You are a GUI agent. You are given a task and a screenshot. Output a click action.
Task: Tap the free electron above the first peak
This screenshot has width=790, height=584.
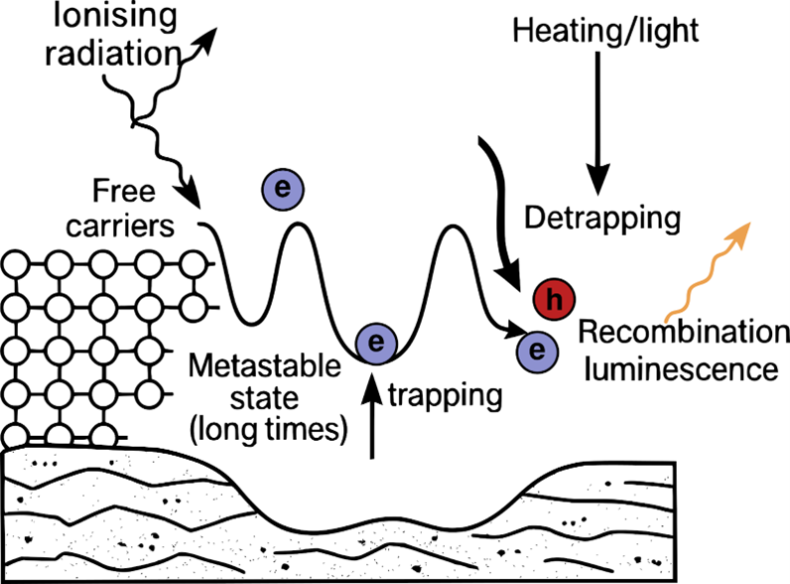tap(284, 186)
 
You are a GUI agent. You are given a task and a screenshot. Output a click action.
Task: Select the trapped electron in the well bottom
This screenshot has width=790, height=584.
tap(375, 344)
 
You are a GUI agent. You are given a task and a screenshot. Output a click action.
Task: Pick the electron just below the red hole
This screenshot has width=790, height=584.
tap(537, 350)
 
